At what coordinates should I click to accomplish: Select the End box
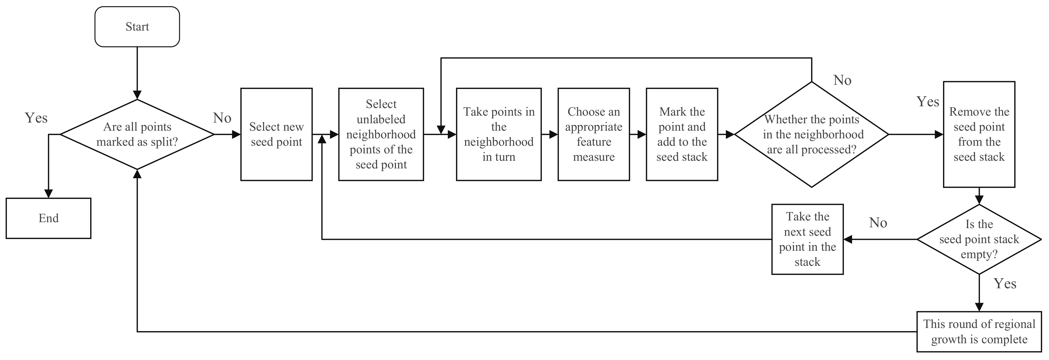click(49, 218)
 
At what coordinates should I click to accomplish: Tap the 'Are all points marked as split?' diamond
click(137, 134)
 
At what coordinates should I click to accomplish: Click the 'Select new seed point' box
click(277, 134)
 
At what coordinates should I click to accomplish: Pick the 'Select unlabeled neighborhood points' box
click(381, 134)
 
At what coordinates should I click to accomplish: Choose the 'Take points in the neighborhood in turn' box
click(499, 134)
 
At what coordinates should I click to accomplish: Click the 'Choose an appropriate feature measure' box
click(594, 134)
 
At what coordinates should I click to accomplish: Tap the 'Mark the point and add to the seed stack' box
click(682, 134)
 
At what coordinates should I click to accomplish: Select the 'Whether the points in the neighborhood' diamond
click(812, 134)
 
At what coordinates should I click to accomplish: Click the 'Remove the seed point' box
click(979, 134)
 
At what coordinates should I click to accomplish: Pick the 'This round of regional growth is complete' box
click(979, 331)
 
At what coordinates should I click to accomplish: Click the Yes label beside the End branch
click(36, 118)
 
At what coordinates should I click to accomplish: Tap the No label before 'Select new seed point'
click(222, 118)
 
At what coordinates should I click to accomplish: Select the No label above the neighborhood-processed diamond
click(842, 80)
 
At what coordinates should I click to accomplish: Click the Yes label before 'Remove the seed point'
click(928, 102)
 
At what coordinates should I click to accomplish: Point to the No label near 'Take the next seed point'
click(878, 223)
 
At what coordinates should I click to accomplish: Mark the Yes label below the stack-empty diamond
click(1005, 284)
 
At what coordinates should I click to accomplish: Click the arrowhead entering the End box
click(49, 194)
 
